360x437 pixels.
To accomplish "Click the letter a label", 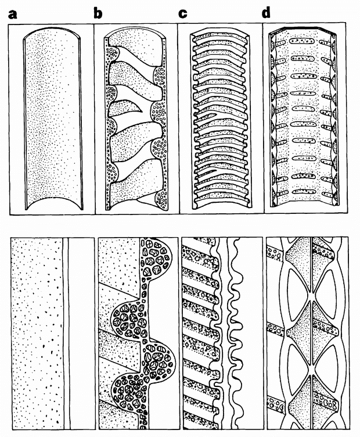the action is coord(13,14).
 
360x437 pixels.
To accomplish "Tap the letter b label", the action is coord(98,13).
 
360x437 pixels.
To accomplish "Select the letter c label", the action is coord(183,14).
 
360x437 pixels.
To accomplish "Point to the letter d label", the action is coord(266,13).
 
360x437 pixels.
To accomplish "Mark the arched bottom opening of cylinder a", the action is coord(55,198).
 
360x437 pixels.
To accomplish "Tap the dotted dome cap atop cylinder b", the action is coord(136,38).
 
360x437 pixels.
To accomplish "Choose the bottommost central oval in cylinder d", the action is coord(304,192).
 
